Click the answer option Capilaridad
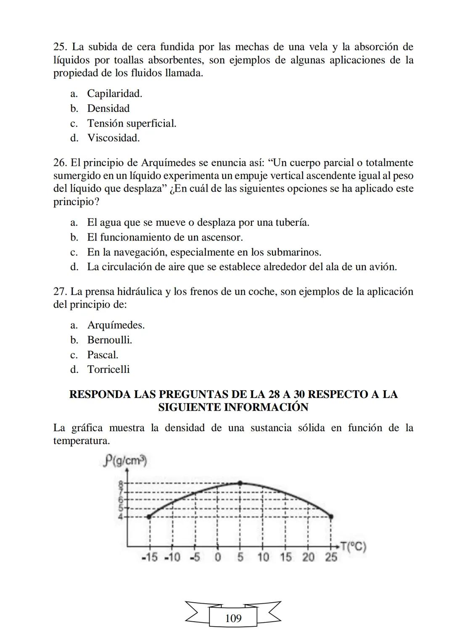click(114, 93)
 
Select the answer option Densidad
click(108, 108)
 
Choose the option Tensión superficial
click(132, 123)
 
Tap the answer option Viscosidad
click(113, 138)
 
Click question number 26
click(60, 163)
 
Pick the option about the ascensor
click(164, 237)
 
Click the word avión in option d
click(383, 267)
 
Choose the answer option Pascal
click(103, 355)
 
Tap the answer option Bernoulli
click(109, 340)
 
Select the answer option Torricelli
click(108, 369)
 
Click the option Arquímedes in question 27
click(116, 325)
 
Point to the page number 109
click(233, 618)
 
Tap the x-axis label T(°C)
click(353, 547)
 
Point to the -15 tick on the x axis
click(149, 557)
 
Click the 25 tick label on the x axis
click(330, 557)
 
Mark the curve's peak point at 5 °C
click(240, 483)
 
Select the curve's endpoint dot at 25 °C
click(331, 517)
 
